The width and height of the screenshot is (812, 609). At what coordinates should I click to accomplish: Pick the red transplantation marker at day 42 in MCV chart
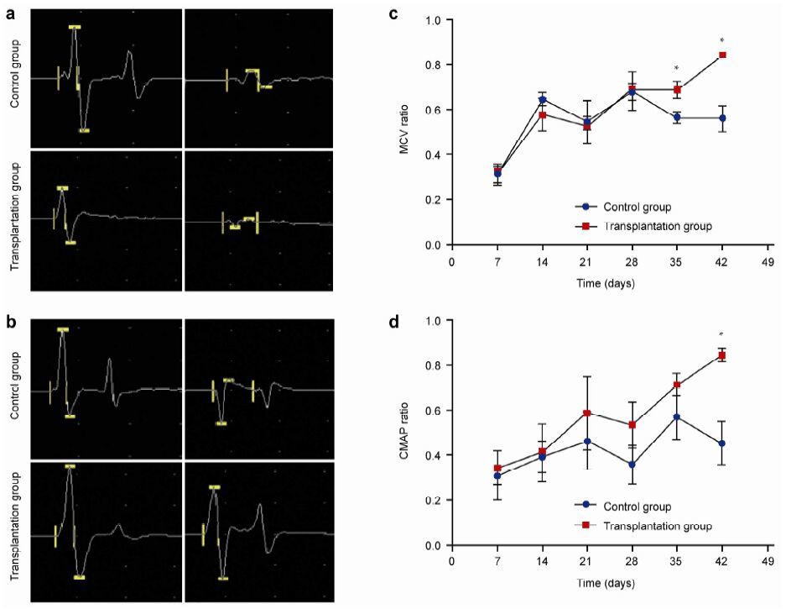coord(722,55)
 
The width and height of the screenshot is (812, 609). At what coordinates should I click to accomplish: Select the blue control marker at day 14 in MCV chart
coord(542,100)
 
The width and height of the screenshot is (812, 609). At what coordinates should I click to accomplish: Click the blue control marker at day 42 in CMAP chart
coord(722,444)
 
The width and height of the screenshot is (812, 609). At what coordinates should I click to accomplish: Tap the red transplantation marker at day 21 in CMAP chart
coord(587,413)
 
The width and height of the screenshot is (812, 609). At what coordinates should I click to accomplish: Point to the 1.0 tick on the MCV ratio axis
coord(435,20)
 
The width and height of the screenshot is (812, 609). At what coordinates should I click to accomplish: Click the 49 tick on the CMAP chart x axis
coord(768,561)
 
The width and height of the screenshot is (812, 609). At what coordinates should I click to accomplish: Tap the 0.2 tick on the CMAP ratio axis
coord(435,501)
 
